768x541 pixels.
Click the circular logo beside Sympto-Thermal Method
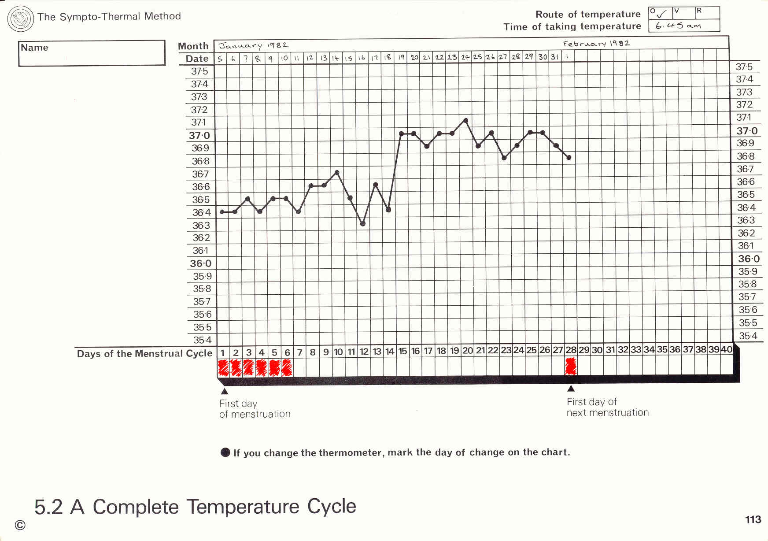click(21, 19)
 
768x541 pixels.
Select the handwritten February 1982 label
click(596, 44)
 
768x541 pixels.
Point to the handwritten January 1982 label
click(254, 45)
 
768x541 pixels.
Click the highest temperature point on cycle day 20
click(465, 120)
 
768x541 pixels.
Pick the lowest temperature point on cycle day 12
click(363, 224)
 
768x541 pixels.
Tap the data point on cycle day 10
click(337, 172)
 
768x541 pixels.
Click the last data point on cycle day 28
click(569, 157)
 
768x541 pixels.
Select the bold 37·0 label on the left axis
click(199, 136)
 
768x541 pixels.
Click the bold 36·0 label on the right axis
click(749, 259)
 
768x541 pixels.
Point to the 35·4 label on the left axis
click(202, 340)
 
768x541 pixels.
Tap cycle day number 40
click(726, 350)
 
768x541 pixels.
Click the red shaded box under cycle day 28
click(571, 367)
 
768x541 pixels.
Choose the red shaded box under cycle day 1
click(224, 368)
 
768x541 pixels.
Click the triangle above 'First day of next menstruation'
click(571, 389)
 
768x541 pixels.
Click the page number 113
click(753, 520)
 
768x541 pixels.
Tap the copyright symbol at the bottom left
click(20, 525)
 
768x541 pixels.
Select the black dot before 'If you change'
click(225, 452)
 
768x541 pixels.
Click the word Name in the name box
click(34, 48)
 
